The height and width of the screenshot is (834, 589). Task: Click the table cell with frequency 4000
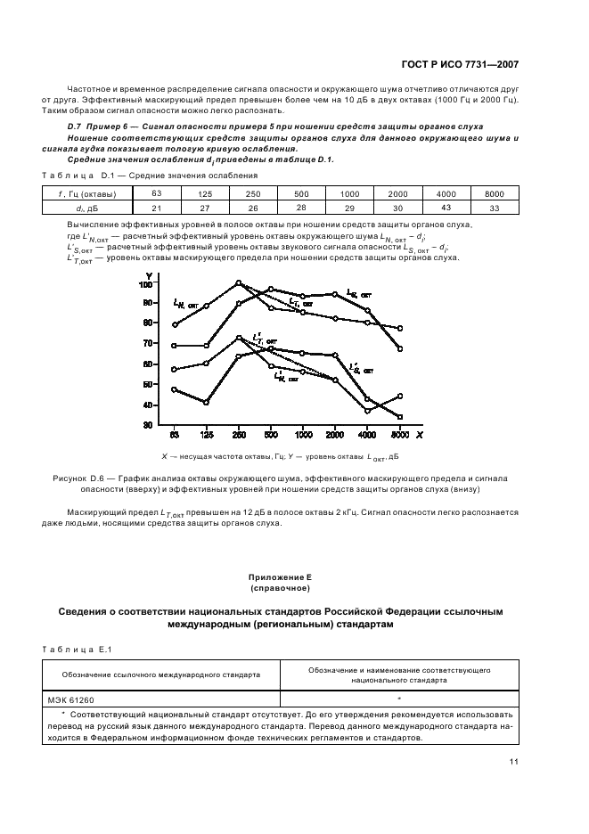pos(446,193)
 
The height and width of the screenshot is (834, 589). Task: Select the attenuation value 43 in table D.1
pos(446,208)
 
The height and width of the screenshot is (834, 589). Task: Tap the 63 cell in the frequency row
pos(157,193)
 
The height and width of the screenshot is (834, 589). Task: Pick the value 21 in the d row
pos(157,208)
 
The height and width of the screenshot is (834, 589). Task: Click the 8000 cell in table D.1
pos(494,193)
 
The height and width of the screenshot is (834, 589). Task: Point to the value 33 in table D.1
pos(494,208)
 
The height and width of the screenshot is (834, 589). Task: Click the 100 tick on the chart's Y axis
pos(145,284)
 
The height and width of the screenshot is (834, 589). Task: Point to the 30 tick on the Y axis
pos(147,425)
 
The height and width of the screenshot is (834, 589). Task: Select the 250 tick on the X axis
pos(238,436)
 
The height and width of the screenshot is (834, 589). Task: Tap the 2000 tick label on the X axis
pos(335,436)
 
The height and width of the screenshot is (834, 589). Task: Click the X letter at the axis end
pos(419,436)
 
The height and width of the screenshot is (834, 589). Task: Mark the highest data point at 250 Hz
pos(238,283)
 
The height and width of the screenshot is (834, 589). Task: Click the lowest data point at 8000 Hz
pos(399,417)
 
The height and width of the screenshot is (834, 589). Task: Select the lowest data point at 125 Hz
pos(206,403)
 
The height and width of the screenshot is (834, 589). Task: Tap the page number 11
pos(514,762)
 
